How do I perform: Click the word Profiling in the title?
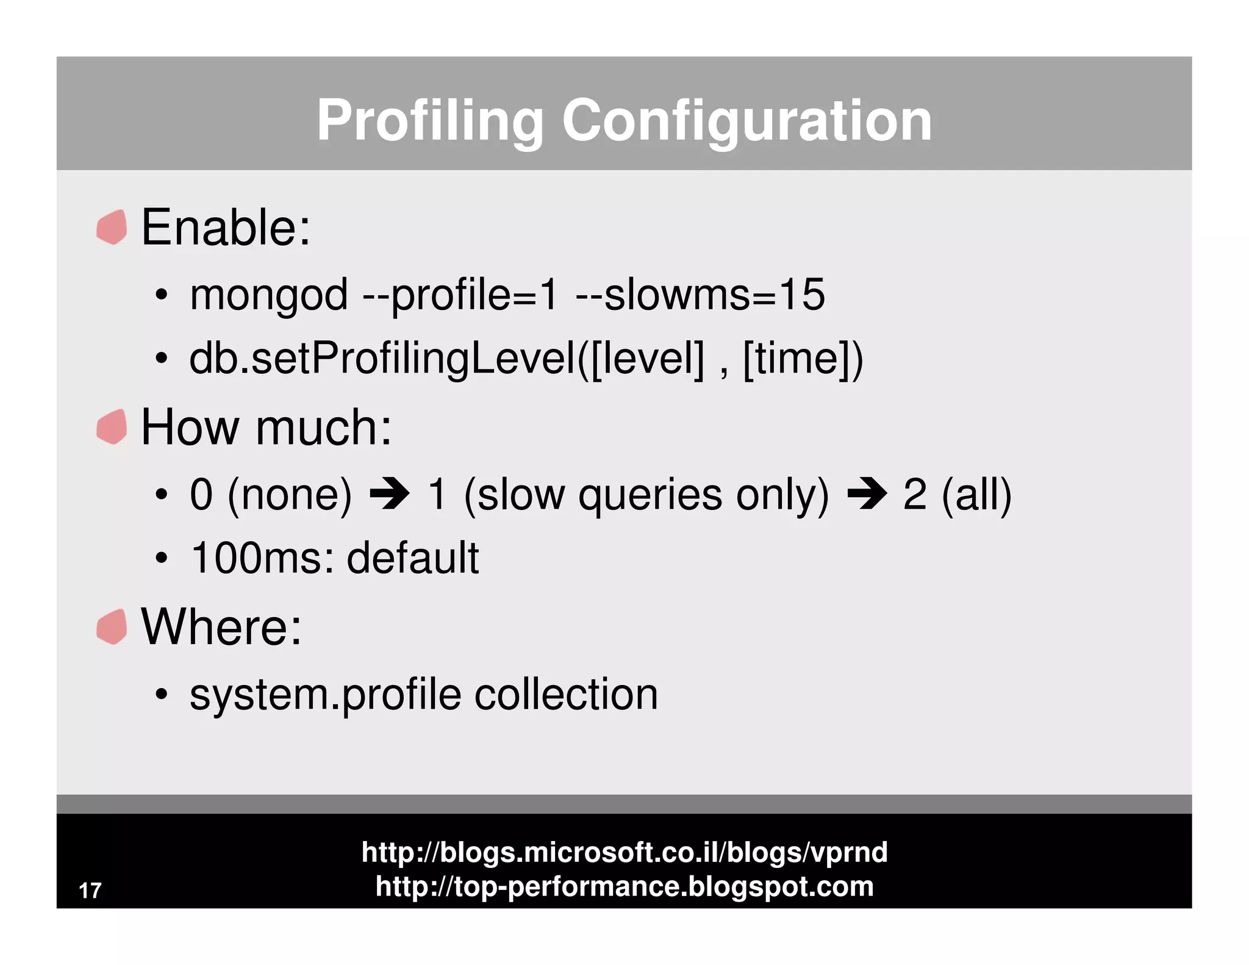(x=429, y=121)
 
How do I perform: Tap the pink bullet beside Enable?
(x=112, y=227)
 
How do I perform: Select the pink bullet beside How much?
(x=112, y=426)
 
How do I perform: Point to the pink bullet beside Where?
(x=112, y=626)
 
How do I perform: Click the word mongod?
(x=268, y=295)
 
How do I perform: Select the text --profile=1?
(x=460, y=295)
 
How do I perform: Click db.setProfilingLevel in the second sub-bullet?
(x=381, y=359)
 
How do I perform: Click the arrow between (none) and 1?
(x=390, y=494)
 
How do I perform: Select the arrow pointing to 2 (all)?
(x=867, y=494)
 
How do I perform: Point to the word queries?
(x=650, y=495)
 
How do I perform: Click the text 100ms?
(x=262, y=558)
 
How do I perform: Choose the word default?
(x=413, y=558)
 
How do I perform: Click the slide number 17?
(x=90, y=891)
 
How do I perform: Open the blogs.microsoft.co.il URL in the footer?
(x=624, y=852)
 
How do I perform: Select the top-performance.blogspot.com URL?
(x=624, y=886)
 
